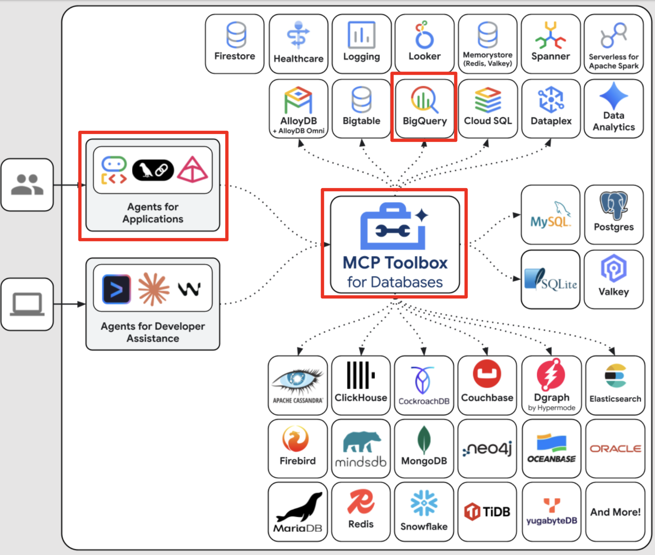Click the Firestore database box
(235, 44)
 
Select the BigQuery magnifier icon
(424, 99)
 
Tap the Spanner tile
(551, 44)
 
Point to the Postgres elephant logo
(614, 205)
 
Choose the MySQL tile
(551, 215)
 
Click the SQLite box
(551, 279)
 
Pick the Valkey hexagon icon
(614, 268)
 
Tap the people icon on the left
(27, 185)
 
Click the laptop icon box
(27, 304)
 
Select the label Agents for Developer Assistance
(153, 332)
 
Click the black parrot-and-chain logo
(153, 170)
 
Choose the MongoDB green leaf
(424, 440)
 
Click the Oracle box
(616, 449)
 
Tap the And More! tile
(616, 512)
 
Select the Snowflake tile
(424, 512)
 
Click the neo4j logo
(487, 449)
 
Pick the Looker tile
(425, 44)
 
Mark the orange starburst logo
(154, 289)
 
